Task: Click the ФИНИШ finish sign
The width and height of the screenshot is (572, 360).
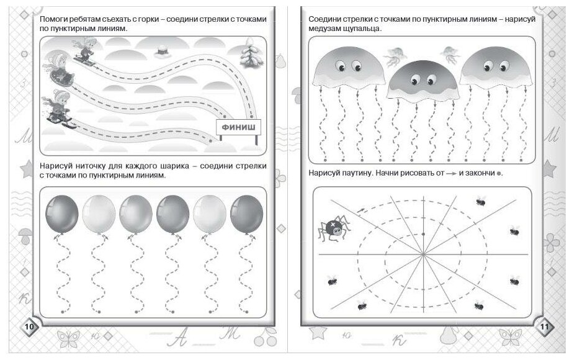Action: point(238,128)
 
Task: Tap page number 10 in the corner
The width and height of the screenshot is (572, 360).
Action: point(29,327)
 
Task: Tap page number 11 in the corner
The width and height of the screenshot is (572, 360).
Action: point(543,327)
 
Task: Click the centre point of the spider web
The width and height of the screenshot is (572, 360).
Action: point(422,254)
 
